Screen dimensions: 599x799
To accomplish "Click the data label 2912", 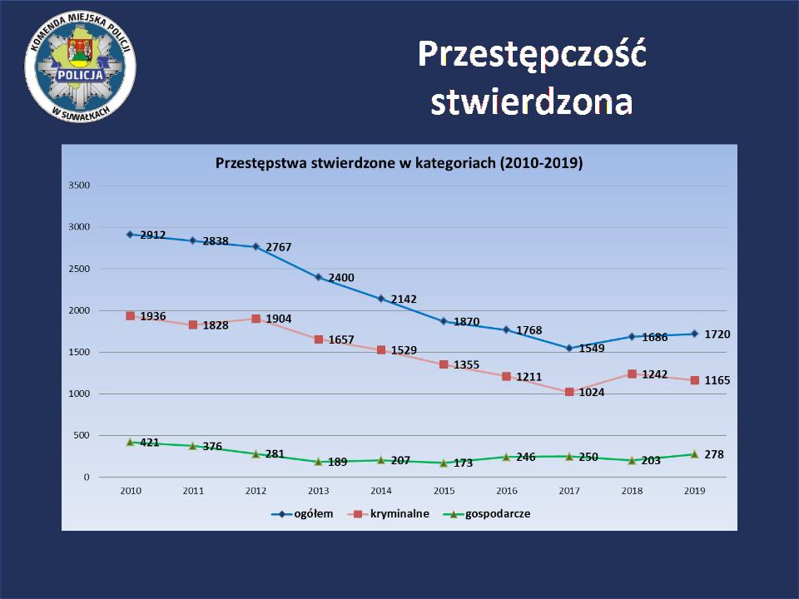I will pos(152,235).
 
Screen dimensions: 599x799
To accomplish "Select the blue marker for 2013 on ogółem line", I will pos(319,277).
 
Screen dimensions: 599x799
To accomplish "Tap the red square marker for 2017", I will pos(569,392).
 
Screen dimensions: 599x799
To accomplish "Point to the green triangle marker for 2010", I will pos(131,442).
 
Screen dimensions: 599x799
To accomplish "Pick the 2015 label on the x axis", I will pos(444,491).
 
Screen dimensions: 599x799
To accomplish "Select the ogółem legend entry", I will pos(303,514).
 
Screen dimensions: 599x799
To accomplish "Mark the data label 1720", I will pos(717,334).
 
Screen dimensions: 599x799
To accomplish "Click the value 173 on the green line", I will pos(464,463).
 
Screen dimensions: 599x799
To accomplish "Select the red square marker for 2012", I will pos(256,319).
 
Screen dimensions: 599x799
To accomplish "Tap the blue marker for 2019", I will pos(694,334).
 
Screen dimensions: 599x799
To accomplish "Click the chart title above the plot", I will pos(399,163).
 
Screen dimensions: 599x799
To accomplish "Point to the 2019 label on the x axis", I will pos(694,491).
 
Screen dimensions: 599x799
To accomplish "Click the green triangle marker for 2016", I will pos(506,457).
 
